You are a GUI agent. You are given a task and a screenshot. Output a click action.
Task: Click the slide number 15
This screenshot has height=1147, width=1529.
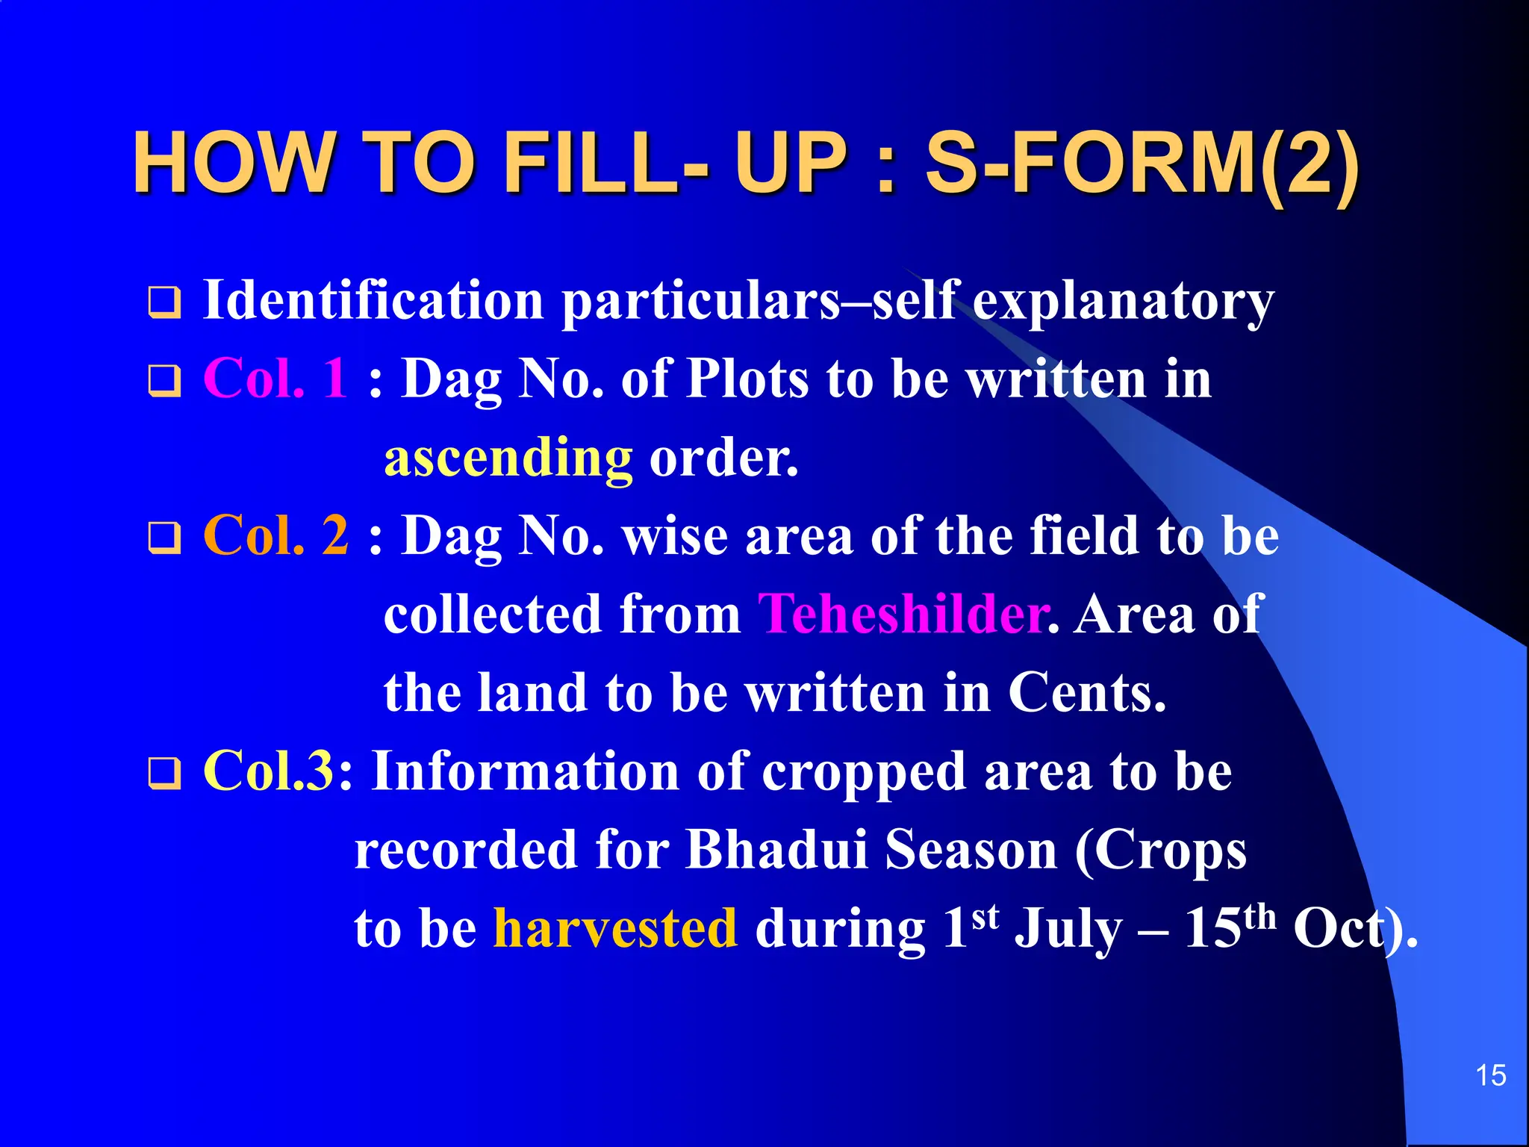click(x=1490, y=1076)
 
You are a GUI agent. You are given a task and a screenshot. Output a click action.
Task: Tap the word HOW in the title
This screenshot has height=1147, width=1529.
click(x=232, y=163)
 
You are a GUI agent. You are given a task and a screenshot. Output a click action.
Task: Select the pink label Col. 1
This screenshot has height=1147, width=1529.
click(x=275, y=378)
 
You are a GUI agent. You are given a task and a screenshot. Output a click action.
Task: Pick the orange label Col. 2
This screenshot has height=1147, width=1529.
click(x=275, y=535)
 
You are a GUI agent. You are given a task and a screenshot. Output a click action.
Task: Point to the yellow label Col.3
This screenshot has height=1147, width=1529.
click(x=268, y=771)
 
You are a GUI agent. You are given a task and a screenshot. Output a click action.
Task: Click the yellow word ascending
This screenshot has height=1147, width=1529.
click(x=508, y=457)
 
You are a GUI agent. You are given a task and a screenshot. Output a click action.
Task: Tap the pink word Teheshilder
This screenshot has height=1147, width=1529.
click(x=903, y=614)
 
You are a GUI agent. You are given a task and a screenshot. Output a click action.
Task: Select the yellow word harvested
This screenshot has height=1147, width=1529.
click(x=616, y=928)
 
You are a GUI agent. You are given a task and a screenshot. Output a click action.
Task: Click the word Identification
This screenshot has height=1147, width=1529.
click(x=373, y=300)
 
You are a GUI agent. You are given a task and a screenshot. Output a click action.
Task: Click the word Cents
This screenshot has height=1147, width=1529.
click(x=1086, y=693)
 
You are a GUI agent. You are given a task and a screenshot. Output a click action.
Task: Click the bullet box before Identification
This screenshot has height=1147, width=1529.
click(x=164, y=302)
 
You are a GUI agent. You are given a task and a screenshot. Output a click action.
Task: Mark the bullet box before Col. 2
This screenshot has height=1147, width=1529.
click(x=164, y=538)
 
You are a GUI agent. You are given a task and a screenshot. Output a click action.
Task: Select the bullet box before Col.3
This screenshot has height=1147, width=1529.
click(x=164, y=773)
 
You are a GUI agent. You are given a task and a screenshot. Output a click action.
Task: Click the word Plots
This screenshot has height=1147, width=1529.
click(x=747, y=378)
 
